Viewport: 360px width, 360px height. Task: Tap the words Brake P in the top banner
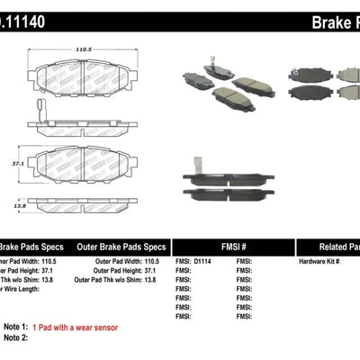[325, 18]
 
